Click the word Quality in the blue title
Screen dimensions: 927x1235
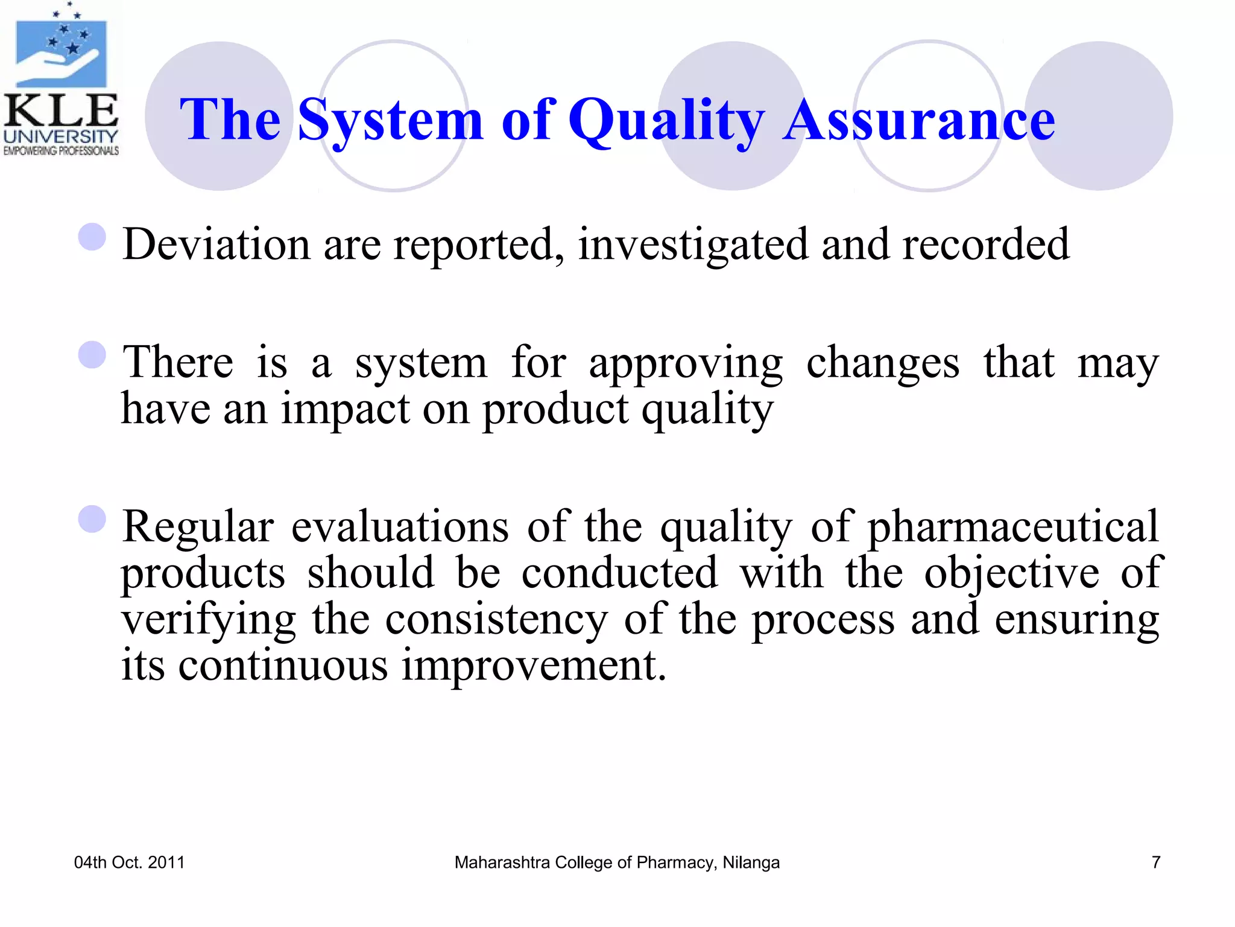[x=666, y=121]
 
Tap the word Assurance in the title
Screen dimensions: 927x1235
[x=919, y=121]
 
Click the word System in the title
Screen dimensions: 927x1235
[x=390, y=121]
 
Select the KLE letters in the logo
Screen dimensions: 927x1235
[x=60, y=112]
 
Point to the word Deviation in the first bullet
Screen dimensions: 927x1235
[x=216, y=244]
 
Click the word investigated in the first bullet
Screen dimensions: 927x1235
[x=693, y=245]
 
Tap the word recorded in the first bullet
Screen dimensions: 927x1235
[x=985, y=244]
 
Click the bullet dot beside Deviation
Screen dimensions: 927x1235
[x=92, y=237]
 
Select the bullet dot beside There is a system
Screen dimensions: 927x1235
[x=92, y=355]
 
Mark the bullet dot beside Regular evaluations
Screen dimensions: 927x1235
[x=92, y=519]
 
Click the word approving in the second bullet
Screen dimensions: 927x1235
[x=686, y=364]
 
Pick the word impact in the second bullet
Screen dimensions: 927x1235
[x=346, y=410]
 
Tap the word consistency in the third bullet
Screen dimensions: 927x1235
[x=496, y=620]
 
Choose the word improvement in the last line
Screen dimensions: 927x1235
[x=534, y=665]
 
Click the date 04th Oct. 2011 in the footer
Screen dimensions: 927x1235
[x=129, y=862]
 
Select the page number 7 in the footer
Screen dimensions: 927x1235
[x=1155, y=862]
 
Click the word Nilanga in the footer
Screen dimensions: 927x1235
[x=751, y=862]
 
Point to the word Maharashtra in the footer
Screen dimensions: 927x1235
[x=502, y=862]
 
